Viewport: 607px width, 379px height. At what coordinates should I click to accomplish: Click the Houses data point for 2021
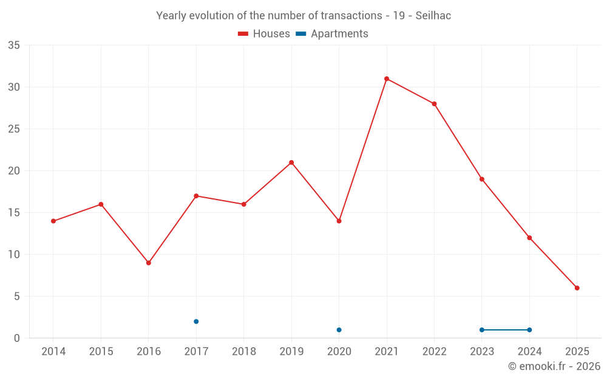click(x=387, y=79)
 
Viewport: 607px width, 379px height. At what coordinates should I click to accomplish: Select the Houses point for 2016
click(x=149, y=263)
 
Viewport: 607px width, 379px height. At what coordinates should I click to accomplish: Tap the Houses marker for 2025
click(x=577, y=288)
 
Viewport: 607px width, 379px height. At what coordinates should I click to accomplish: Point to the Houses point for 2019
click(x=291, y=163)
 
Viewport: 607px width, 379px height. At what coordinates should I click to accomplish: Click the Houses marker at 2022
click(x=434, y=104)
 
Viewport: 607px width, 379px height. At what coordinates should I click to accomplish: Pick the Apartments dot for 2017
click(x=196, y=321)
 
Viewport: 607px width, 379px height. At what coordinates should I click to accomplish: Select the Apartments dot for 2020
click(x=339, y=330)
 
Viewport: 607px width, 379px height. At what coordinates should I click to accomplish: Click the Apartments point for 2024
click(x=529, y=330)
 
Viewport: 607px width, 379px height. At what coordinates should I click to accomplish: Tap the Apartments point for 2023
click(x=482, y=330)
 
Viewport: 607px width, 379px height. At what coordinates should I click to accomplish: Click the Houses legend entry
click(x=264, y=34)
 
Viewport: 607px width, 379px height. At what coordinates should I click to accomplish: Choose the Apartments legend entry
click(x=332, y=34)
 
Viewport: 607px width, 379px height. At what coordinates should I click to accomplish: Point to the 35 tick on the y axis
click(x=14, y=45)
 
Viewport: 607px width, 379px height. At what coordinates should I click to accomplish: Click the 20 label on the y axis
click(x=14, y=171)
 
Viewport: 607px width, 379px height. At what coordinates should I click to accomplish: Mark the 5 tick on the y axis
click(x=17, y=297)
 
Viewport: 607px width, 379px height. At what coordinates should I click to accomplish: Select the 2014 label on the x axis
click(x=53, y=352)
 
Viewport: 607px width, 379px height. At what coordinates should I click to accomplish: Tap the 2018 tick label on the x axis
click(x=244, y=352)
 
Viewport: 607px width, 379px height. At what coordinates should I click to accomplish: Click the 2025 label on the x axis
click(x=577, y=352)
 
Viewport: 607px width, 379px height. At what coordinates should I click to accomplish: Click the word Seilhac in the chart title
click(x=433, y=16)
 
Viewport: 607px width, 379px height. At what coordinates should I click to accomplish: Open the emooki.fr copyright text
click(x=554, y=366)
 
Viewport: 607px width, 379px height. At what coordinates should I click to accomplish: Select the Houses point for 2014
click(x=53, y=221)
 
